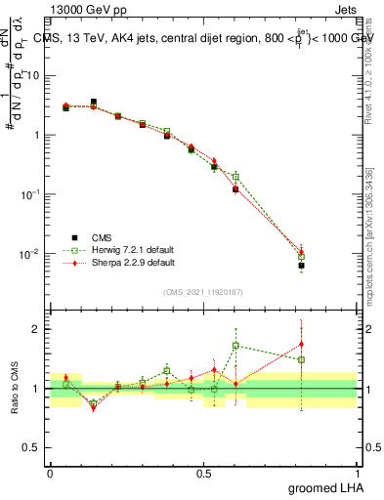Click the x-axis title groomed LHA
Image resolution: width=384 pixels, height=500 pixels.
[326, 487]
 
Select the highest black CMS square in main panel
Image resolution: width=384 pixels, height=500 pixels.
[94, 102]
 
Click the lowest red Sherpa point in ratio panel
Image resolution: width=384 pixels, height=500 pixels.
[94, 407]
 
